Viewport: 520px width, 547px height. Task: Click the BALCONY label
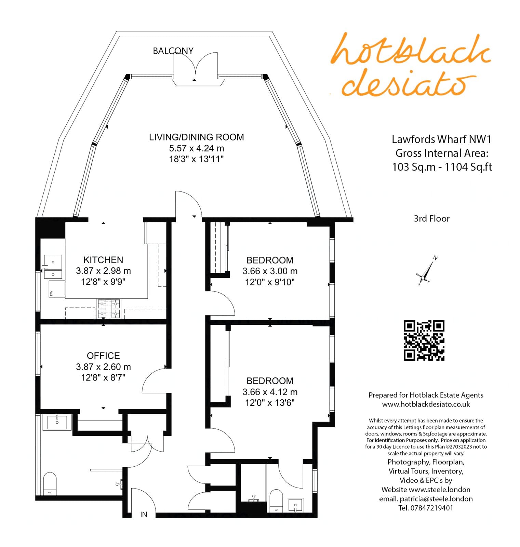[173, 51]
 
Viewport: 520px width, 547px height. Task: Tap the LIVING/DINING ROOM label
[196, 137]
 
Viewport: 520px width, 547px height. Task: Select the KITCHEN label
[103, 260]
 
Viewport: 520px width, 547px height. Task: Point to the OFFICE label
[103, 356]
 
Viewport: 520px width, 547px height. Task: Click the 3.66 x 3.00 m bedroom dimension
[270, 271]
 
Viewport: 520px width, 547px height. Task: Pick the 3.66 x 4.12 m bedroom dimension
[270, 392]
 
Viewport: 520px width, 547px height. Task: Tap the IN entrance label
[144, 515]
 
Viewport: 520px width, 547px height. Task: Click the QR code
[424, 341]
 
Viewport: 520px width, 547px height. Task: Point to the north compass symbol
[426, 271]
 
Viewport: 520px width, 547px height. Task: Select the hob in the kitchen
[109, 309]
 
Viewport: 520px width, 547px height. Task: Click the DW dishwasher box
[57, 289]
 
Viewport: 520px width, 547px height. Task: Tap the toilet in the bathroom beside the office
[50, 484]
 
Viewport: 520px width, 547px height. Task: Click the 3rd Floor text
[431, 218]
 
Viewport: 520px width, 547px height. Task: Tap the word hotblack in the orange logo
[410, 50]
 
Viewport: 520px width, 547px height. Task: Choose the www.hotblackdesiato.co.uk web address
[426, 404]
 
